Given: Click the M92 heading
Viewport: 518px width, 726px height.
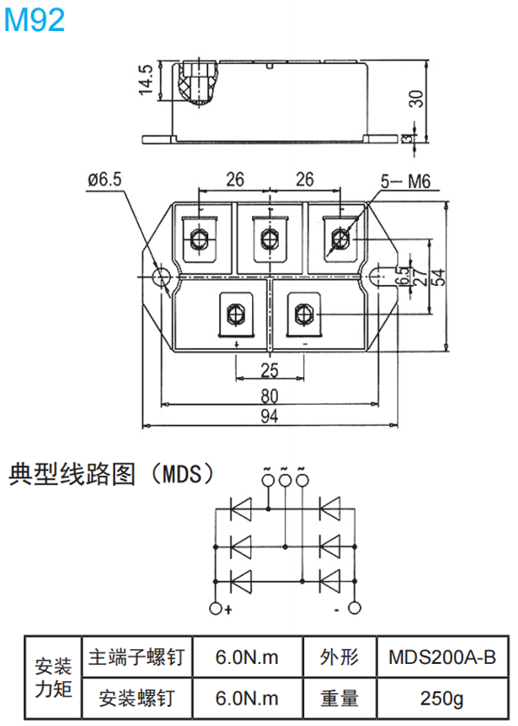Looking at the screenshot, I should click(x=35, y=20).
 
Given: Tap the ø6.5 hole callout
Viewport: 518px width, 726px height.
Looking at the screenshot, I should click(x=104, y=179).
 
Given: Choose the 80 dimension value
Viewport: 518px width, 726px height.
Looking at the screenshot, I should click(x=269, y=396).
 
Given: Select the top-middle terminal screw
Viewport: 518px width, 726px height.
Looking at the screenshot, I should click(x=268, y=237).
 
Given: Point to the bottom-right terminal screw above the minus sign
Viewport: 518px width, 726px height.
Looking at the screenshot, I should click(x=303, y=312).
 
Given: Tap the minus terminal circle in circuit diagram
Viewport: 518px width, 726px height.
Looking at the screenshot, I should click(x=354, y=609).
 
